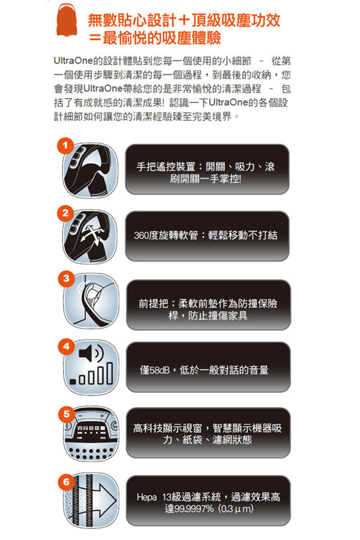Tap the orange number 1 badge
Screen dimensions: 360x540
tap(65, 146)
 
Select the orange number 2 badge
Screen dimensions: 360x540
tap(65, 213)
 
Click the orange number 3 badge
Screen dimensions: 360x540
tap(66, 278)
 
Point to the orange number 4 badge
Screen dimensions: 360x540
tap(66, 346)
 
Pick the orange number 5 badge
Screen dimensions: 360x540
tap(66, 413)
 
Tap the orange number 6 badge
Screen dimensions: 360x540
tap(66, 481)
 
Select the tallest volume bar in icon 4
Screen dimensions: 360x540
tap(109, 373)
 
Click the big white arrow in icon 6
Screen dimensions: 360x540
tap(103, 500)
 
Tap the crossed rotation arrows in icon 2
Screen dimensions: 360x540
tap(92, 235)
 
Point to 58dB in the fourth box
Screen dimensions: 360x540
tap(160, 371)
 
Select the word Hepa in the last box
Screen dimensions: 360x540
tap(146, 497)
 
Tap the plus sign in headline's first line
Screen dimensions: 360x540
tap(184, 20)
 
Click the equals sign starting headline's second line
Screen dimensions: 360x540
tap(94, 38)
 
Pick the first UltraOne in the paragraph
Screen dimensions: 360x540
tap(73, 61)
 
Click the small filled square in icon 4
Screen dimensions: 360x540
tap(73, 382)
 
